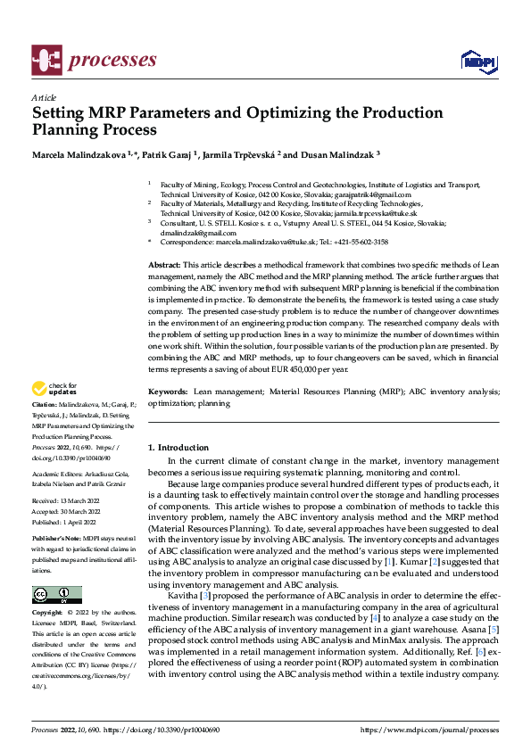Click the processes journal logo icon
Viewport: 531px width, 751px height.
pos(46,61)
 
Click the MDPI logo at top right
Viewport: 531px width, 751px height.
pos(478,61)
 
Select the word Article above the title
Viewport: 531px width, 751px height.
pos(43,96)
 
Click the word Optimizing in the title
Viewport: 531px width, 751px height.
pos(287,113)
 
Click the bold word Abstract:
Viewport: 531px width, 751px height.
pos(163,266)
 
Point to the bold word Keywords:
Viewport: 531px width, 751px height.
pos(167,392)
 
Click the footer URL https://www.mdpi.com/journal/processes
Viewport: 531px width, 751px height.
pos(428,730)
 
